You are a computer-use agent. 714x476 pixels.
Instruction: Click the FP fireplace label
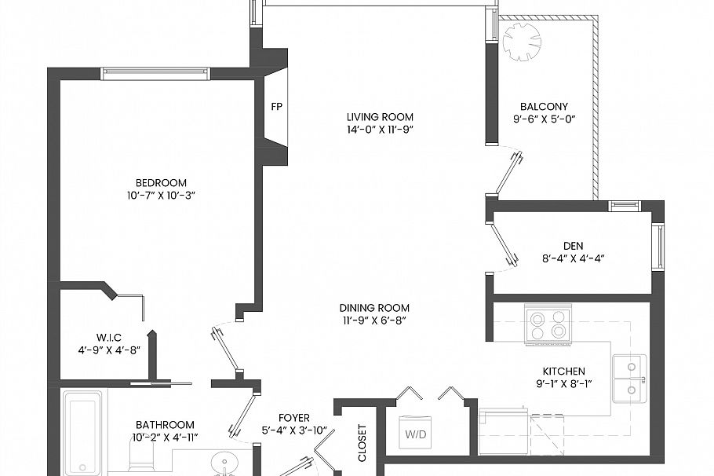275,106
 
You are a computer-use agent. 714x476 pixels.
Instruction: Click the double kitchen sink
631,378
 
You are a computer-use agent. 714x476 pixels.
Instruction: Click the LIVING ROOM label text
381,117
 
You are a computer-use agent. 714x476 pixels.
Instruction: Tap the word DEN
573,246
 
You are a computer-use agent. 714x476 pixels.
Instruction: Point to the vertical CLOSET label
362,444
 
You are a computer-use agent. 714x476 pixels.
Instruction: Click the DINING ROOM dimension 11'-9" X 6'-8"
374,320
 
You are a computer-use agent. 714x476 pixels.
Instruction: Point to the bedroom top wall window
155,74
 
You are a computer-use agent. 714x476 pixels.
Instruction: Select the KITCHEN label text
563,371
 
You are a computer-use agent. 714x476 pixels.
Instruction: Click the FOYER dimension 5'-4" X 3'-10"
293,430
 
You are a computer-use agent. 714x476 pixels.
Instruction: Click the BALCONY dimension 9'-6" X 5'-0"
544,119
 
